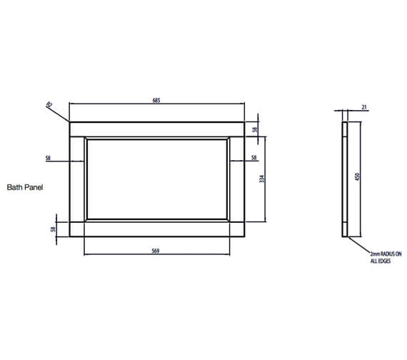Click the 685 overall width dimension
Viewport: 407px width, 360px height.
tap(156, 101)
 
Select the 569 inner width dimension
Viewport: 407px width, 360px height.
tap(155, 250)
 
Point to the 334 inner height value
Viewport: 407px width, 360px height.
tap(262, 179)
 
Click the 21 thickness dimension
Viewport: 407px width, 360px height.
tap(363, 108)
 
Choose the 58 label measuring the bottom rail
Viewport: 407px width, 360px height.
tap(53, 229)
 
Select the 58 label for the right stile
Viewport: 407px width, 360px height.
tap(253, 157)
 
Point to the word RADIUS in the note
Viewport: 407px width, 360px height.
tap(383, 254)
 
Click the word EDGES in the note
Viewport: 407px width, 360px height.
tap(382, 261)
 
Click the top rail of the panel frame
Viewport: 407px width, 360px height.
tap(156, 129)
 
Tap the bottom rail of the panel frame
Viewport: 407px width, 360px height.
tap(156, 229)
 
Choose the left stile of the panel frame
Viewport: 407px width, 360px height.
tap(76, 179)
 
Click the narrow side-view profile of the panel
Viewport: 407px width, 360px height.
tap(345, 179)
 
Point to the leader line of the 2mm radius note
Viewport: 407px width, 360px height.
tap(359, 245)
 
